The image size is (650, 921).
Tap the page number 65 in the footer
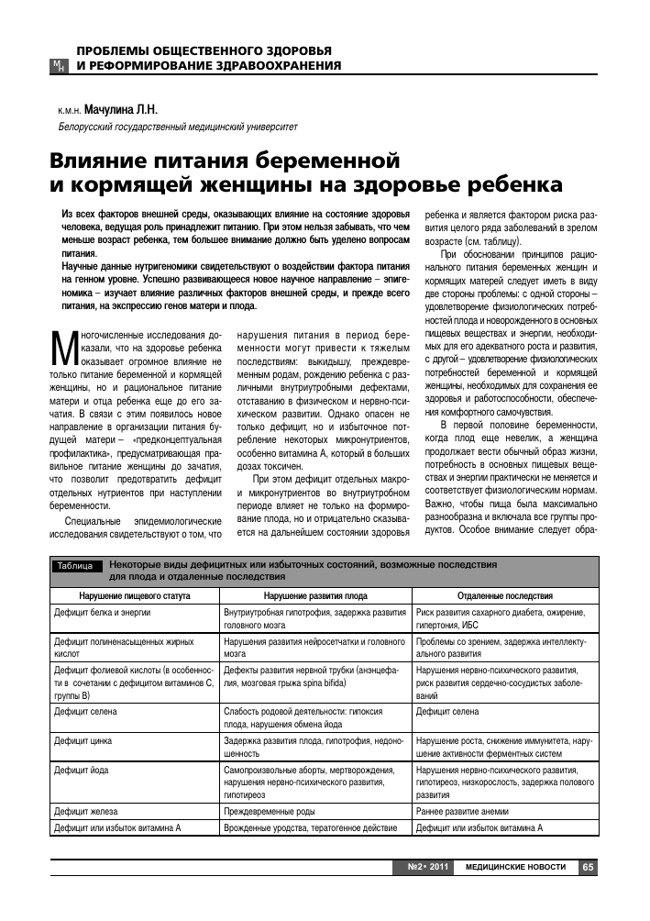coord(588,866)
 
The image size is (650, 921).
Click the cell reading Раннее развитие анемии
coord(461,811)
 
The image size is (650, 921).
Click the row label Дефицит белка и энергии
coord(101,611)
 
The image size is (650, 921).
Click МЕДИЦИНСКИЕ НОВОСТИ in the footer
coord(515,866)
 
